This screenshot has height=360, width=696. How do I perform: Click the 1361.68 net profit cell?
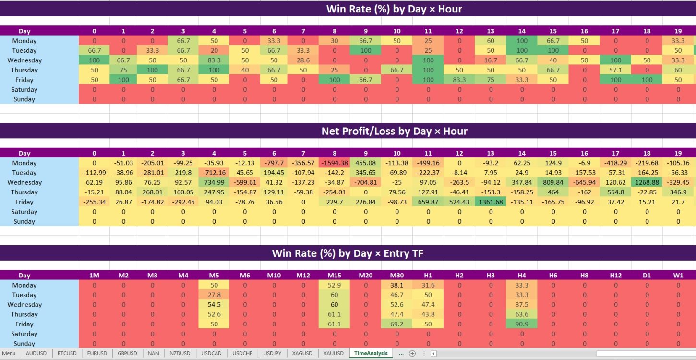pos(491,202)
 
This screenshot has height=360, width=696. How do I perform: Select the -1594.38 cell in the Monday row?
pos(335,163)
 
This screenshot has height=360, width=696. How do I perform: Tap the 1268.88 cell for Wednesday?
pos(647,182)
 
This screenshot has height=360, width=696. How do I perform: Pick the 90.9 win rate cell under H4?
pos(522,324)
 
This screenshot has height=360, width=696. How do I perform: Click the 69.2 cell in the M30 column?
pos(396,324)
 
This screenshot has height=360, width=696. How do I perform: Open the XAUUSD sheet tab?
pos(334,354)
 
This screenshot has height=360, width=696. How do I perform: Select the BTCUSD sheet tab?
pos(67,354)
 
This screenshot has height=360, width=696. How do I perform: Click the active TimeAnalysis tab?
pos(371,354)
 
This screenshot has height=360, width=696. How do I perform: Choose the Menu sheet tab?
pos(9,354)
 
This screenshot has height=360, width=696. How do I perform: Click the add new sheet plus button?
pos(412,354)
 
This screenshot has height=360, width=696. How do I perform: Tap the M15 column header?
pos(335,276)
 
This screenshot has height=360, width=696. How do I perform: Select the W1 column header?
pos(678,276)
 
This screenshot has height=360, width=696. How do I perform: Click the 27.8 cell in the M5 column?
pos(214,295)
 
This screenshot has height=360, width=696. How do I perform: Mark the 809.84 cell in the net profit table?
pos(553,182)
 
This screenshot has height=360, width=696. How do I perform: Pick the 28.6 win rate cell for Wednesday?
pos(304,60)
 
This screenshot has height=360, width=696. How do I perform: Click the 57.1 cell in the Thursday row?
pos(615,70)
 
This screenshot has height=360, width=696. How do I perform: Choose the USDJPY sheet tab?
pos(272,354)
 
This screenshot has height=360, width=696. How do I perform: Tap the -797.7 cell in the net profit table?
pos(274,163)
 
